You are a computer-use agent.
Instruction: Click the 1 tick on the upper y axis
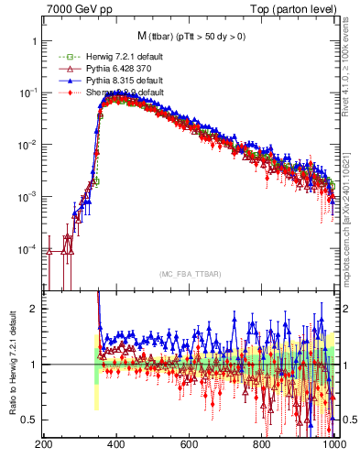pyautogui.click(x=33, y=42)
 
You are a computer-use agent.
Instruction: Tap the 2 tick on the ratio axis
pyautogui.click(x=33, y=309)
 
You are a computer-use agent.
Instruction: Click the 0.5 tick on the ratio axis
pyautogui.click(x=29, y=420)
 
